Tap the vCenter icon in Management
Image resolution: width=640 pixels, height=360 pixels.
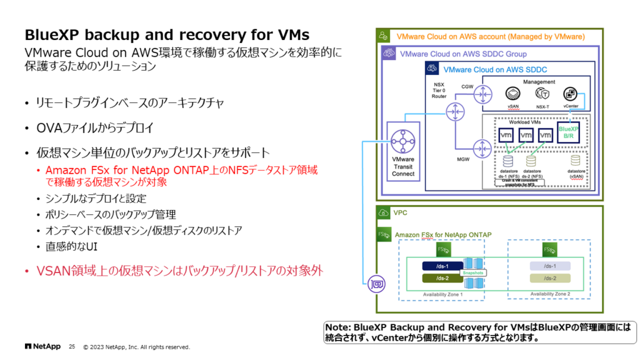570,94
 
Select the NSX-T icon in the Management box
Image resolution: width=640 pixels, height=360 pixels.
542,94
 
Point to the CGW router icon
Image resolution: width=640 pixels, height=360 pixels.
482,94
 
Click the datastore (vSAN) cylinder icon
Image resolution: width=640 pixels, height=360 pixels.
576,162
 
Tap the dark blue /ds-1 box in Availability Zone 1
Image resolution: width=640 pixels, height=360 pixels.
442,266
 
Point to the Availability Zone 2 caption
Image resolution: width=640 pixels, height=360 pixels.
550,294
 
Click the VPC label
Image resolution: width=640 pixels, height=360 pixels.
401,212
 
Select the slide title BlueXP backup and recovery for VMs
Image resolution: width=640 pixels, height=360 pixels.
166,34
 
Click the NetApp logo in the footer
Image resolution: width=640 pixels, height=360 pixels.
42,346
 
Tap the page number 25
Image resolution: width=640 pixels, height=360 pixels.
71,346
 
